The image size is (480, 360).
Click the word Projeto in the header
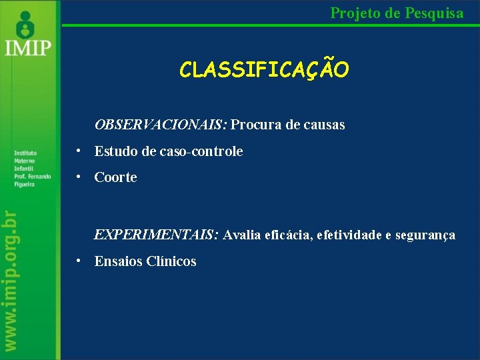click(353, 12)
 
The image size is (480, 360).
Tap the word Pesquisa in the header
click(433, 12)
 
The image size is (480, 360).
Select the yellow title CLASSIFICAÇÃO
click(263, 70)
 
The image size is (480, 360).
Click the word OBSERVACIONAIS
click(161, 125)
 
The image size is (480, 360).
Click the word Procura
click(257, 125)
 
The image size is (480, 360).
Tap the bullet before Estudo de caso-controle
click(79, 151)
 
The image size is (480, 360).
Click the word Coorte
click(115, 177)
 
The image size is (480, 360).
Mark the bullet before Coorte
click(79, 177)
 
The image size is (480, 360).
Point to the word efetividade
click(350, 235)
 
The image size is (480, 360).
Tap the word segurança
click(425, 235)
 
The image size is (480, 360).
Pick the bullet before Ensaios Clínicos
click(79, 261)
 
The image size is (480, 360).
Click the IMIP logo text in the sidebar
click(27, 49)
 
